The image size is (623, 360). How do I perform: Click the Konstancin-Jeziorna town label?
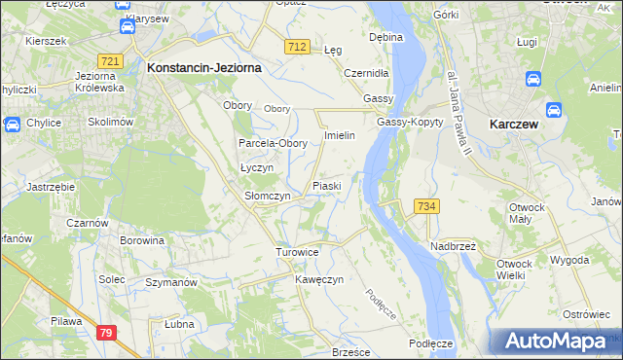[x=202, y=69]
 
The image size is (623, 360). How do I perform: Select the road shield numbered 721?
[x=110, y=61]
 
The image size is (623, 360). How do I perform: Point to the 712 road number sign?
[x=298, y=47]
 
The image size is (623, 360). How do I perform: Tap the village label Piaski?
[x=326, y=185]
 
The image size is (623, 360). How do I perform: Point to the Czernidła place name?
[x=367, y=73]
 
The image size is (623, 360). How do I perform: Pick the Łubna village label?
[x=179, y=324]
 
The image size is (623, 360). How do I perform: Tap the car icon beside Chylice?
[x=13, y=124]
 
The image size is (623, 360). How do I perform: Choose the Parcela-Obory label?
[x=274, y=143]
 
